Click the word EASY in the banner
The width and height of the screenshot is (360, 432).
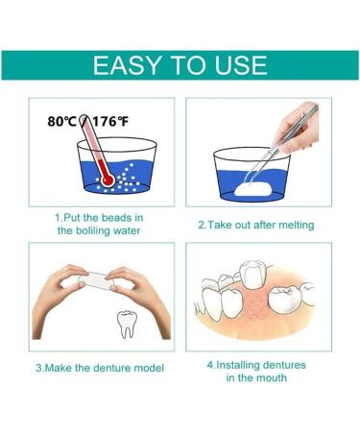[x=126, y=65]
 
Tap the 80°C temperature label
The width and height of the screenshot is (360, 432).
[x=61, y=121]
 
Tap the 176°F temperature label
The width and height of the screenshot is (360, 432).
[x=110, y=121]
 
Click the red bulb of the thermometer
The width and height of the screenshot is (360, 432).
[x=108, y=180]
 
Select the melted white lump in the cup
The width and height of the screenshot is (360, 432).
[x=253, y=188]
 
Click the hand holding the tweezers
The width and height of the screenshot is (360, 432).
[x=298, y=128]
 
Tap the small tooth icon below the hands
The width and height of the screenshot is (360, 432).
[x=126, y=324]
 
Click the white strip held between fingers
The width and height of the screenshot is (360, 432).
[x=97, y=280]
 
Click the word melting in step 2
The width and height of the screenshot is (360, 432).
[x=296, y=225]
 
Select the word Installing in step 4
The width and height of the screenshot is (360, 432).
[x=237, y=365]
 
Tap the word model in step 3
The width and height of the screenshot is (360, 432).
[x=150, y=368]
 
